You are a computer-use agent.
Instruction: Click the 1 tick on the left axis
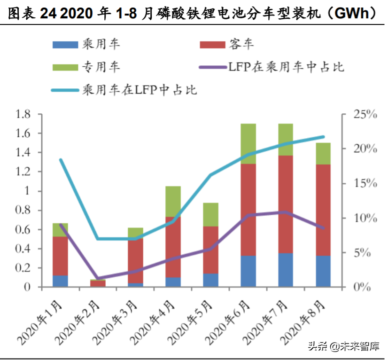coord(28,191)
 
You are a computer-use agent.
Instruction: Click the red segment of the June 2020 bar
coord(248,209)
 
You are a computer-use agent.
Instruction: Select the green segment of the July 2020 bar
coord(286,139)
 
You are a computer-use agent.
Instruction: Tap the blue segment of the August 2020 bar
coord(323,271)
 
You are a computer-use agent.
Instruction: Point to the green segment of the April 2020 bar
coord(173,201)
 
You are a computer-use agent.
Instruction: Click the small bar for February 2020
coord(98,283)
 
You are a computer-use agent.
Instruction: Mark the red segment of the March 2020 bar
coord(135,261)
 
